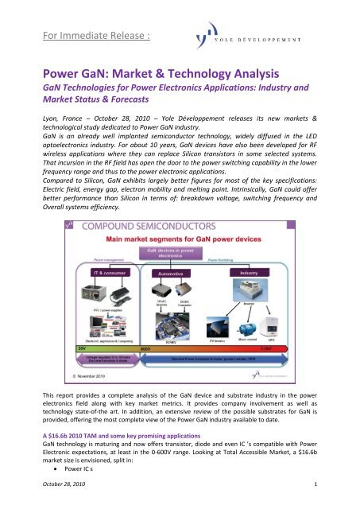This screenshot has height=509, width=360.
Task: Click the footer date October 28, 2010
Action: coord(58,497)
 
